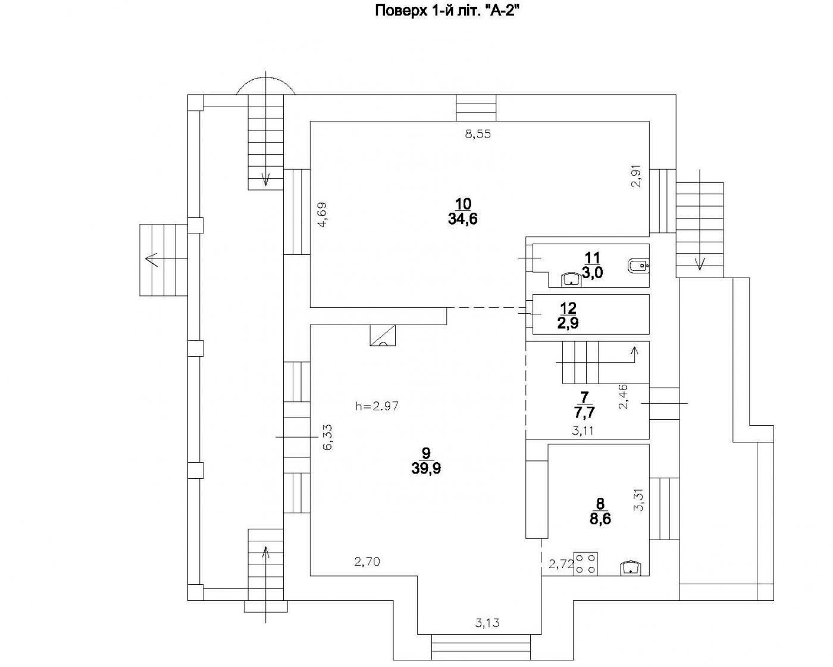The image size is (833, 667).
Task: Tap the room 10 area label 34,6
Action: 462,219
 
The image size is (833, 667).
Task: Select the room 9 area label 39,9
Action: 425,468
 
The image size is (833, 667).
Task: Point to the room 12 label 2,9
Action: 568,323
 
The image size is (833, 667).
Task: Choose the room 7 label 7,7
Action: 584,411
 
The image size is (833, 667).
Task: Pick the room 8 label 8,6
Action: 600,519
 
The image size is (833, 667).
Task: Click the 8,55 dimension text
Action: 478,135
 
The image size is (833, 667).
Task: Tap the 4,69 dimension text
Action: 322,215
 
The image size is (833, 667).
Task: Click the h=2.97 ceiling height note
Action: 377,407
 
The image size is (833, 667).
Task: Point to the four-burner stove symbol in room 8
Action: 585,563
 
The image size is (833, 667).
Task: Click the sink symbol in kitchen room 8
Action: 630,568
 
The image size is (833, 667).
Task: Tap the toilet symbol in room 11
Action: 638,266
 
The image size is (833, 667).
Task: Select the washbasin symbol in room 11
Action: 572,278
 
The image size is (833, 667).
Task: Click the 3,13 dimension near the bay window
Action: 487,624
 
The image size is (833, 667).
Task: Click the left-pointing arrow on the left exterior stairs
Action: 151,260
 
